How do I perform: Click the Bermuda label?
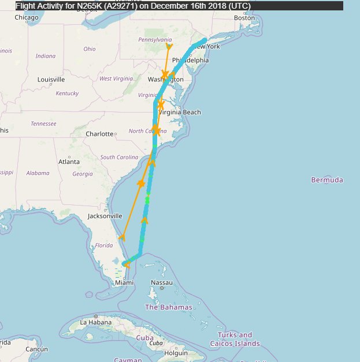pyautogui.click(x=327, y=180)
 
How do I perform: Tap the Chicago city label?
pyautogui.click(x=27, y=17)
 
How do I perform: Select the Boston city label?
pyautogui.click(x=244, y=17)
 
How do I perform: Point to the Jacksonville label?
pyautogui.click(x=105, y=216)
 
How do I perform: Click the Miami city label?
pyautogui.click(x=124, y=282)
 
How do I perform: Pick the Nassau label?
pyautogui.click(x=161, y=282)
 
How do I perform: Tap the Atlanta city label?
pyautogui.click(x=69, y=162)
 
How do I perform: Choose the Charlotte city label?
pyautogui.click(x=99, y=134)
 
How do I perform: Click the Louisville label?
pyautogui.click(x=51, y=79)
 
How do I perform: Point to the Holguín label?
pyautogui.click(x=176, y=353)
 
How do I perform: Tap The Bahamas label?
pyautogui.click(x=168, y=307)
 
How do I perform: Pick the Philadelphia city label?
pyautogui.click(x=190, y=60)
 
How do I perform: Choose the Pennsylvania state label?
pyautogui.click(x=155, y=39)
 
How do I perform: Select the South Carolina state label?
pyautogui.click(x=119, y=157)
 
